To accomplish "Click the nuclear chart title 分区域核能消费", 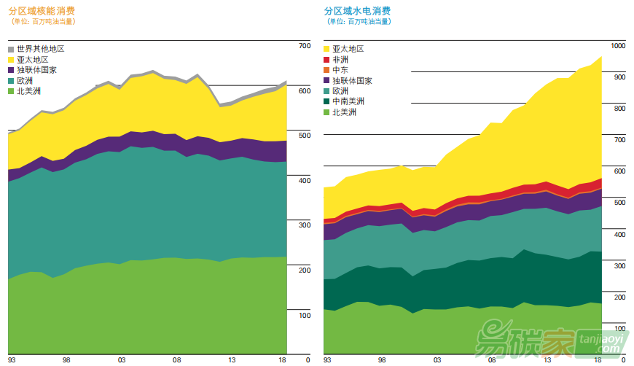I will click(x=43, y=11).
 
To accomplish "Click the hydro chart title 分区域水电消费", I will click(x=357, y=11).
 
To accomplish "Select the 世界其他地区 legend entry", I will click(x=41, y=49).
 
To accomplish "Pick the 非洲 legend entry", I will click(x=340, y=60).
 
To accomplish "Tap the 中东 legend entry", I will click(x=340, y=70).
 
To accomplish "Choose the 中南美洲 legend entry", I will click(x=348, y=101).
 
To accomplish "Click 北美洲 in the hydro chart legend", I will click(x=344, y=112).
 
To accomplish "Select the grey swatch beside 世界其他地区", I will click(x=11, y=49).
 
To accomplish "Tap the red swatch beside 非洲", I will click(x=326, y=60).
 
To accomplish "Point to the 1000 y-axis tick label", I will click(x=618, y=46).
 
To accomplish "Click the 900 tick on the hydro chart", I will click(x=619, y=77).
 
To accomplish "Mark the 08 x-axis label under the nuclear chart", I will click(x=176, y=360).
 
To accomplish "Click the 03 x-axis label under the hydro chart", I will click(x=437, y=360).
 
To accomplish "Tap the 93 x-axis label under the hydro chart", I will click(x=327, y=360).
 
